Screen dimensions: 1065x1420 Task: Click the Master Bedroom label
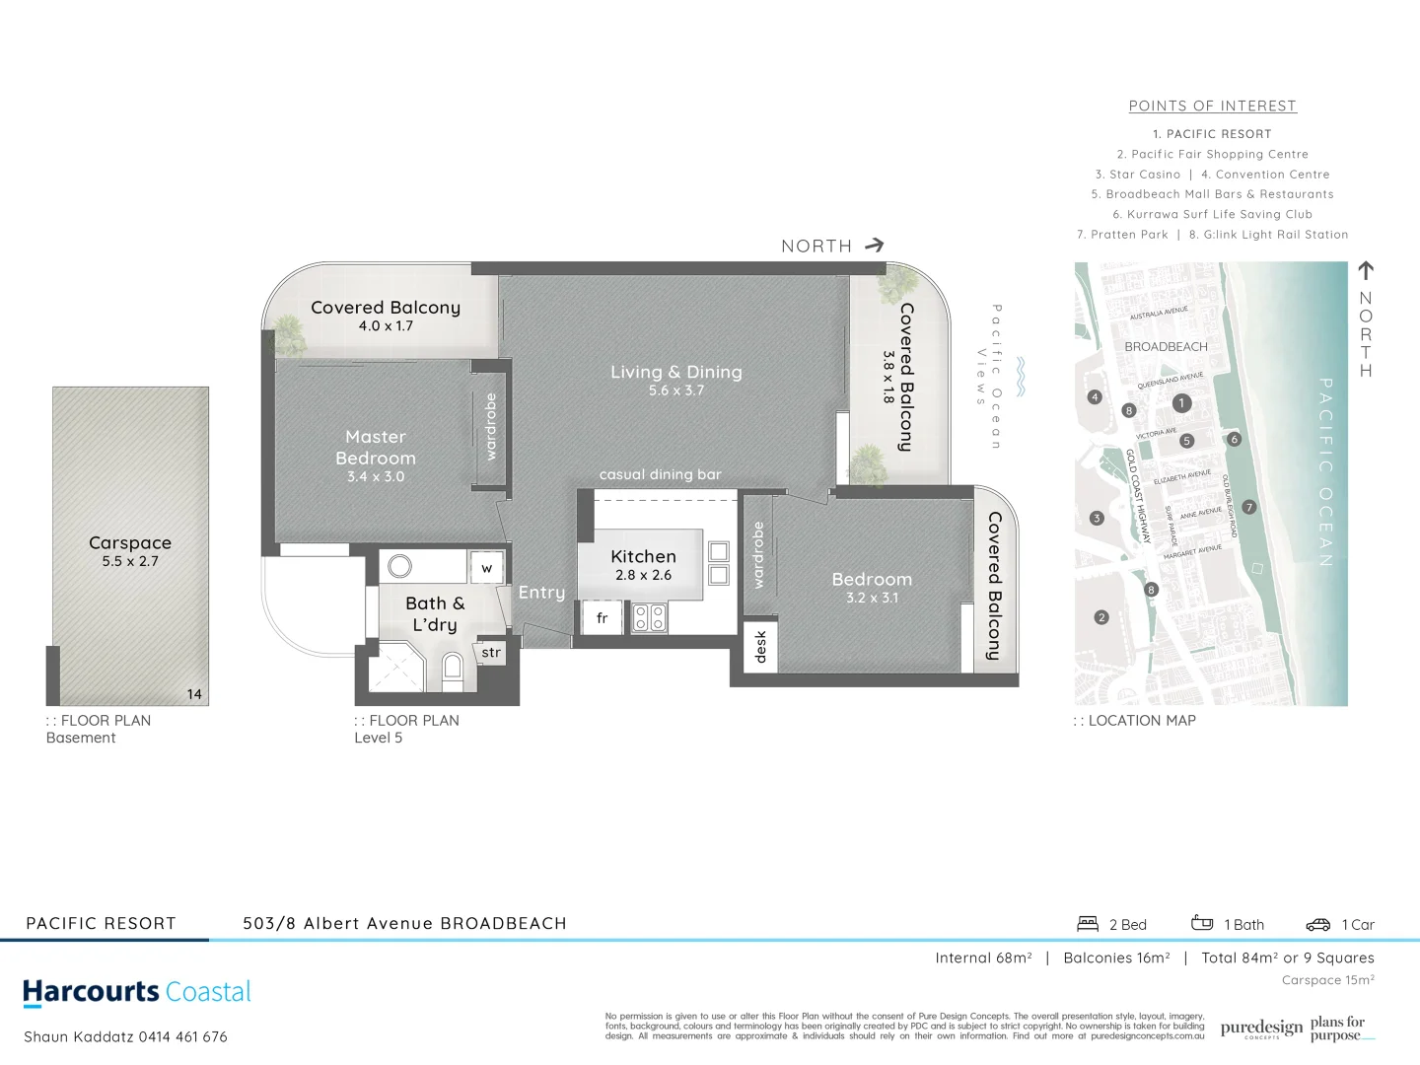376,448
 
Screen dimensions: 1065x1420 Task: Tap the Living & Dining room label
675,372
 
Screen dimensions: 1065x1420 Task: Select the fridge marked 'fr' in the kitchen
602,618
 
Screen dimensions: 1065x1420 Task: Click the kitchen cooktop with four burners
649,618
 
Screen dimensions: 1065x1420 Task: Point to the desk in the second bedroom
760,647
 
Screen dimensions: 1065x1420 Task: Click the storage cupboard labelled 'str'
491,653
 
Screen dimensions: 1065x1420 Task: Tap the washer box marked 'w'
486,568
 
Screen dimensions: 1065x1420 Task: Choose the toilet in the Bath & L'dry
452,670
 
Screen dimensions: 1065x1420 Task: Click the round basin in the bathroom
399,566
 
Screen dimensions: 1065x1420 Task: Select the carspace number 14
194,694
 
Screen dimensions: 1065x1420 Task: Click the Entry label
541,592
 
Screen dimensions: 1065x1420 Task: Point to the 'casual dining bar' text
660,474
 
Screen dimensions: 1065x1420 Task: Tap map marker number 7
1248,507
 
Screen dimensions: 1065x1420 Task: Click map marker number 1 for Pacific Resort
1181,402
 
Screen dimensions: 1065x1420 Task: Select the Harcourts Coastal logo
137,992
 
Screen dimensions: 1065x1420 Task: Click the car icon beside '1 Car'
1317,925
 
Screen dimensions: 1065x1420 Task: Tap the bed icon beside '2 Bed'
1088,924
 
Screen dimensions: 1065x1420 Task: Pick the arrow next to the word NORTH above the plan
874,246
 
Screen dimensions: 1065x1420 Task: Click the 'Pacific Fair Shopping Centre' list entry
1212,154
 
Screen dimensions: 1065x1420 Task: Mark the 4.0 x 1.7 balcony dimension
386,325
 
